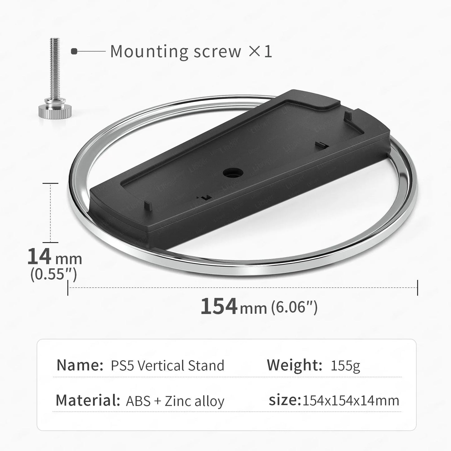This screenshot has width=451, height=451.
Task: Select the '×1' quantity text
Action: (260, 51)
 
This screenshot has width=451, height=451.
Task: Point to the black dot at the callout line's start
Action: (74, 51)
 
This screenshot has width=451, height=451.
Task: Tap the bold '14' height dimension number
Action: (39, 257)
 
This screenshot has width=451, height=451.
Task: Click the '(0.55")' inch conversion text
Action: (53, 274)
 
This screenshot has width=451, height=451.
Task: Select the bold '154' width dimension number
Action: (219, 306)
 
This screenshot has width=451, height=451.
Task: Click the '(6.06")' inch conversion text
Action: (294, 307)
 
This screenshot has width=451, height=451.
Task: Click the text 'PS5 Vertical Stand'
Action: (168, 365)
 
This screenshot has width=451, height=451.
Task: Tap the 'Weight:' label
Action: (294, 365)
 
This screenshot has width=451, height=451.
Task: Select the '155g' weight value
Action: (345, 365)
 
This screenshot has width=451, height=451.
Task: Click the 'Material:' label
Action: (88, 400)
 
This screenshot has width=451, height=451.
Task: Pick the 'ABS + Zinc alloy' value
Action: (175, 401)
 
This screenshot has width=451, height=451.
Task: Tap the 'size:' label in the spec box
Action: (284, 400)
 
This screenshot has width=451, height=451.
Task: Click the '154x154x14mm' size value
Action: (351, 401)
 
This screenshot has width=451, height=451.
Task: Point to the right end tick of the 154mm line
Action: (418, 287)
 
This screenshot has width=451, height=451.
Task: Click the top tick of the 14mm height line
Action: (50, 183)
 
